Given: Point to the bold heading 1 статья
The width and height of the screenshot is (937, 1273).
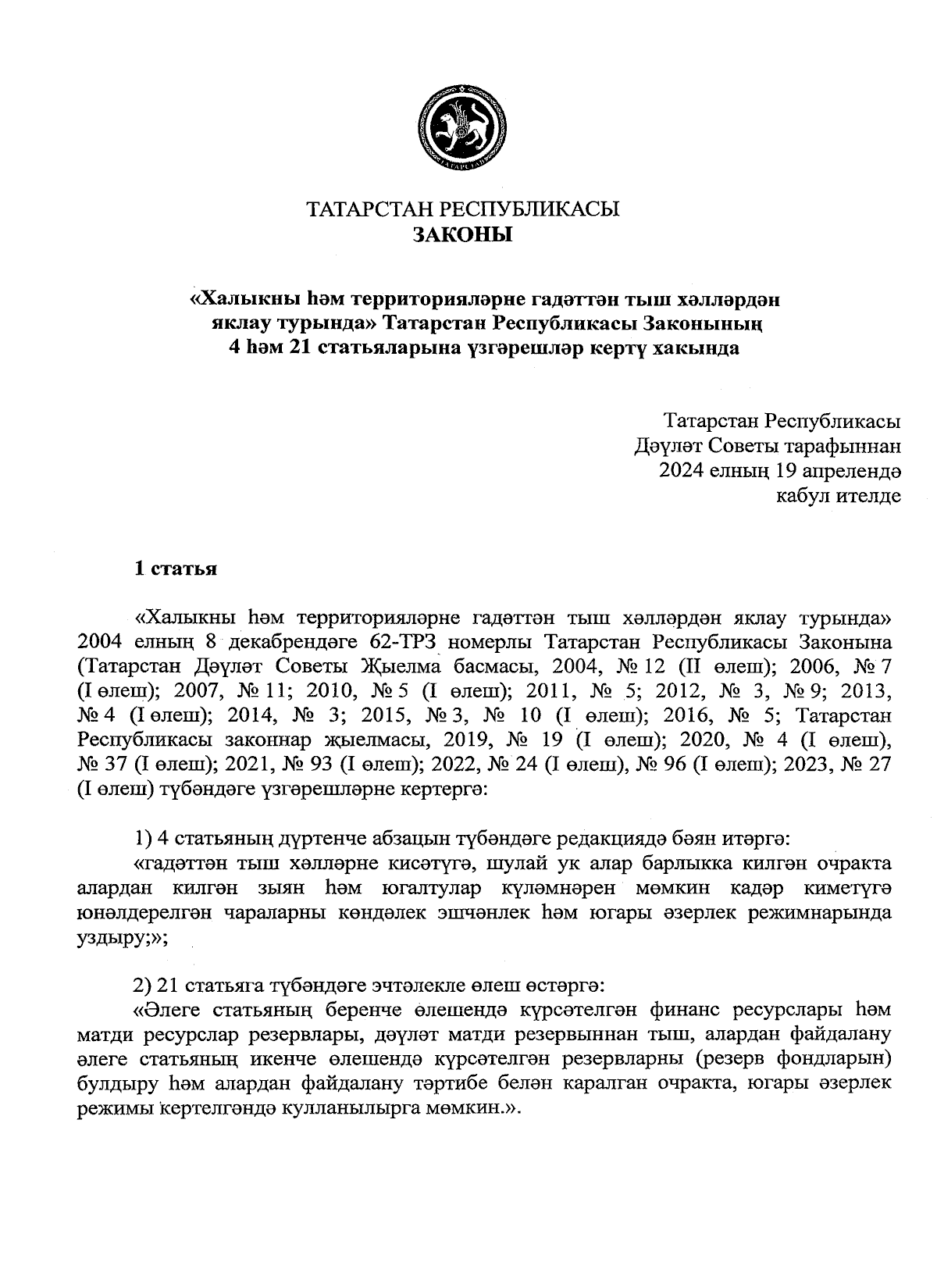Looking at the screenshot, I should pos(175,569).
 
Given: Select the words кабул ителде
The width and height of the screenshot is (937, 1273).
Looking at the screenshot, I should pos(838,495).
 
